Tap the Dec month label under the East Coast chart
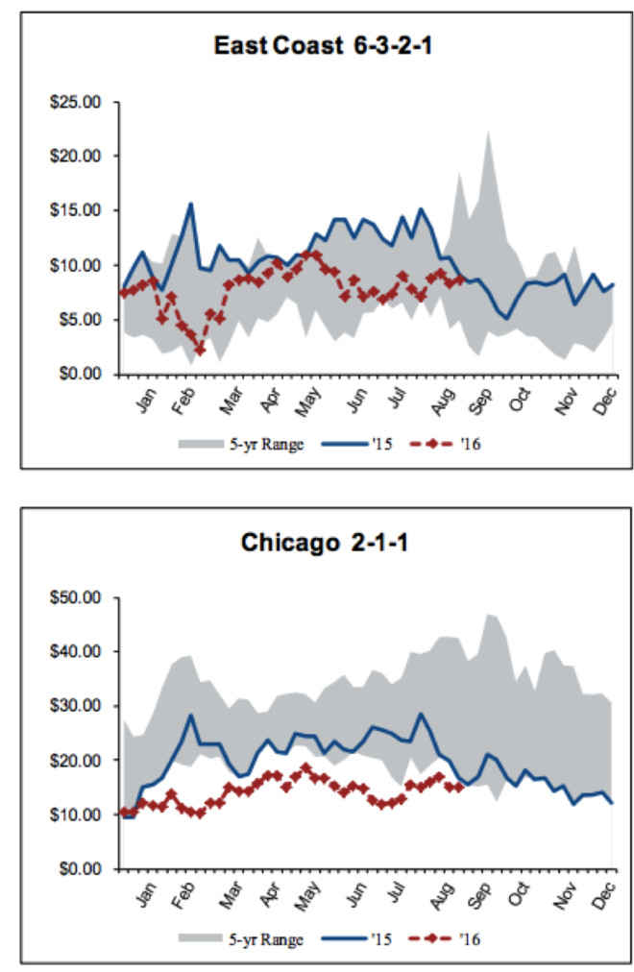point(605,400)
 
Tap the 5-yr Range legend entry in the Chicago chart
point(242,937)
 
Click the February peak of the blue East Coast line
point(191,204)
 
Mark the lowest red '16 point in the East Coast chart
point(200,351)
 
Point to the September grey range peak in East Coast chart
point(488,130)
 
